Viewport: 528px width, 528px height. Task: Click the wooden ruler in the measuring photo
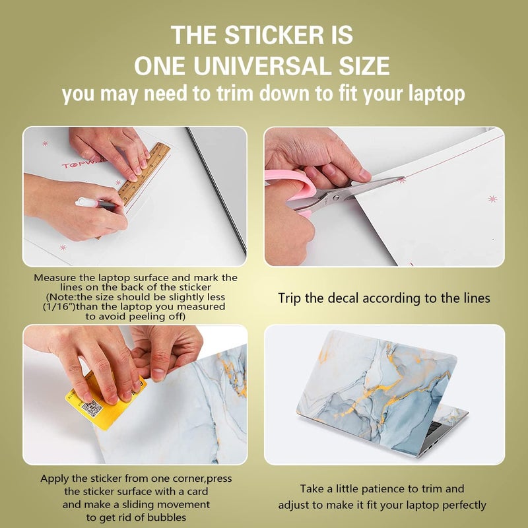point(144,172)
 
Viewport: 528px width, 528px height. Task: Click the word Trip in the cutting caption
point(291,298)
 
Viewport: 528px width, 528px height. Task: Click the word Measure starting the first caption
point(57,278)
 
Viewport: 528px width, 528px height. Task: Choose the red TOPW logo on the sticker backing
point(75,164)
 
